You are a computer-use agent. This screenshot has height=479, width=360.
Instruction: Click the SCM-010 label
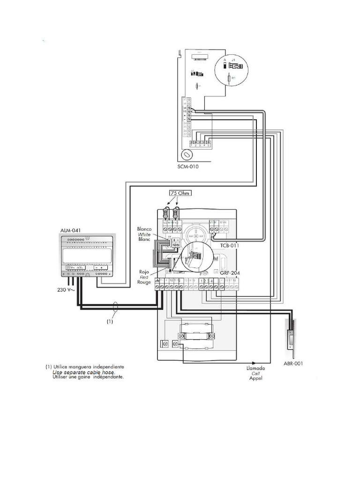188,166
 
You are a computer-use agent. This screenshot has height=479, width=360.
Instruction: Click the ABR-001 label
293,363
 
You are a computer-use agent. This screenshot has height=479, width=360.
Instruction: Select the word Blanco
144,229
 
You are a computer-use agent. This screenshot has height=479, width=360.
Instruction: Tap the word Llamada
256,368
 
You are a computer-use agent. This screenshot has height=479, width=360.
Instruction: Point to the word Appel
256,378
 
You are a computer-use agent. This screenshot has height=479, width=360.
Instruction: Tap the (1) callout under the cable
109,321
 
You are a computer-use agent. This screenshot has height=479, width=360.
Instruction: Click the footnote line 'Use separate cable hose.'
83,372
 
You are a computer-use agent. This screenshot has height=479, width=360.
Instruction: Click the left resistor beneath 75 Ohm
166,213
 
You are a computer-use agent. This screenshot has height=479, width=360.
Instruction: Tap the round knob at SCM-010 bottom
187,154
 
